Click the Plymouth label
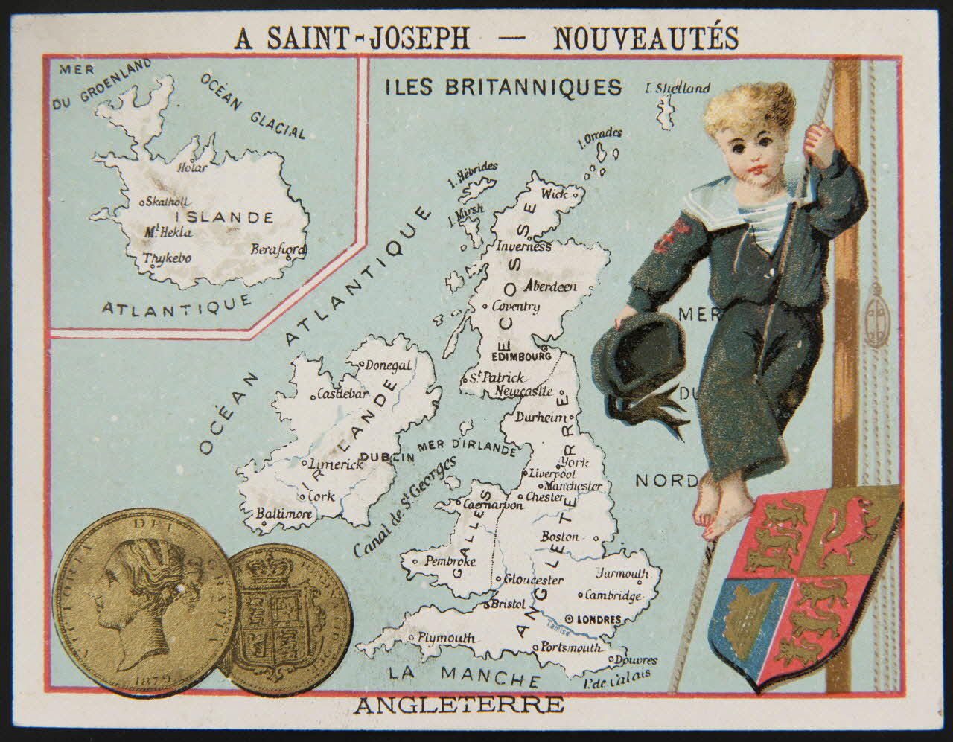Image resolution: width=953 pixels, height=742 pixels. tap(446, 638)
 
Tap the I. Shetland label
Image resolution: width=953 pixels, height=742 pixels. tap(678, 89)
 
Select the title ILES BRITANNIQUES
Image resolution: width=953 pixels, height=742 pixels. tap(503, 87)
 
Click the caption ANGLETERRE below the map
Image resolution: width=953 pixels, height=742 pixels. tap(458, 705)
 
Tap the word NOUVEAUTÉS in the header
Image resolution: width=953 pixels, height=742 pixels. tap(646, 37)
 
